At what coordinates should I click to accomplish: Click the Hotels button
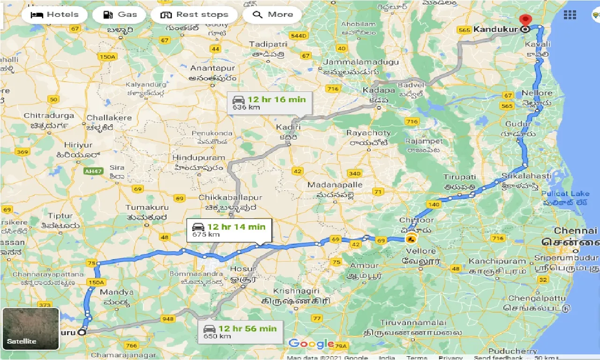coord(54,15)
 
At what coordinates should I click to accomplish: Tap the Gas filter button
coord(120,15)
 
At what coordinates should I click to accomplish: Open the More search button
coord(272,15)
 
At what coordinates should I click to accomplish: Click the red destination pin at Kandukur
coord(525,22)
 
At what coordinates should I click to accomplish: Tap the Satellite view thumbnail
coord(30,329)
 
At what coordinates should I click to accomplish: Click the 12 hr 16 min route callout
coord(269,103)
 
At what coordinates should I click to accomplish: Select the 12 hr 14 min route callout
coord(229,230)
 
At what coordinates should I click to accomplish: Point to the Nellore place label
coord(537,93)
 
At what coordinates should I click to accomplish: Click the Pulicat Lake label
coord(565,194)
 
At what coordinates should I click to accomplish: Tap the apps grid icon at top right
coord(570,15)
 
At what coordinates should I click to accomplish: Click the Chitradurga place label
coord(49,115)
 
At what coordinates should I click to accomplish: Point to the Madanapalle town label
coord(335,185)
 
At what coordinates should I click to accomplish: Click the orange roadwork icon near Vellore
coord(411,238)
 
